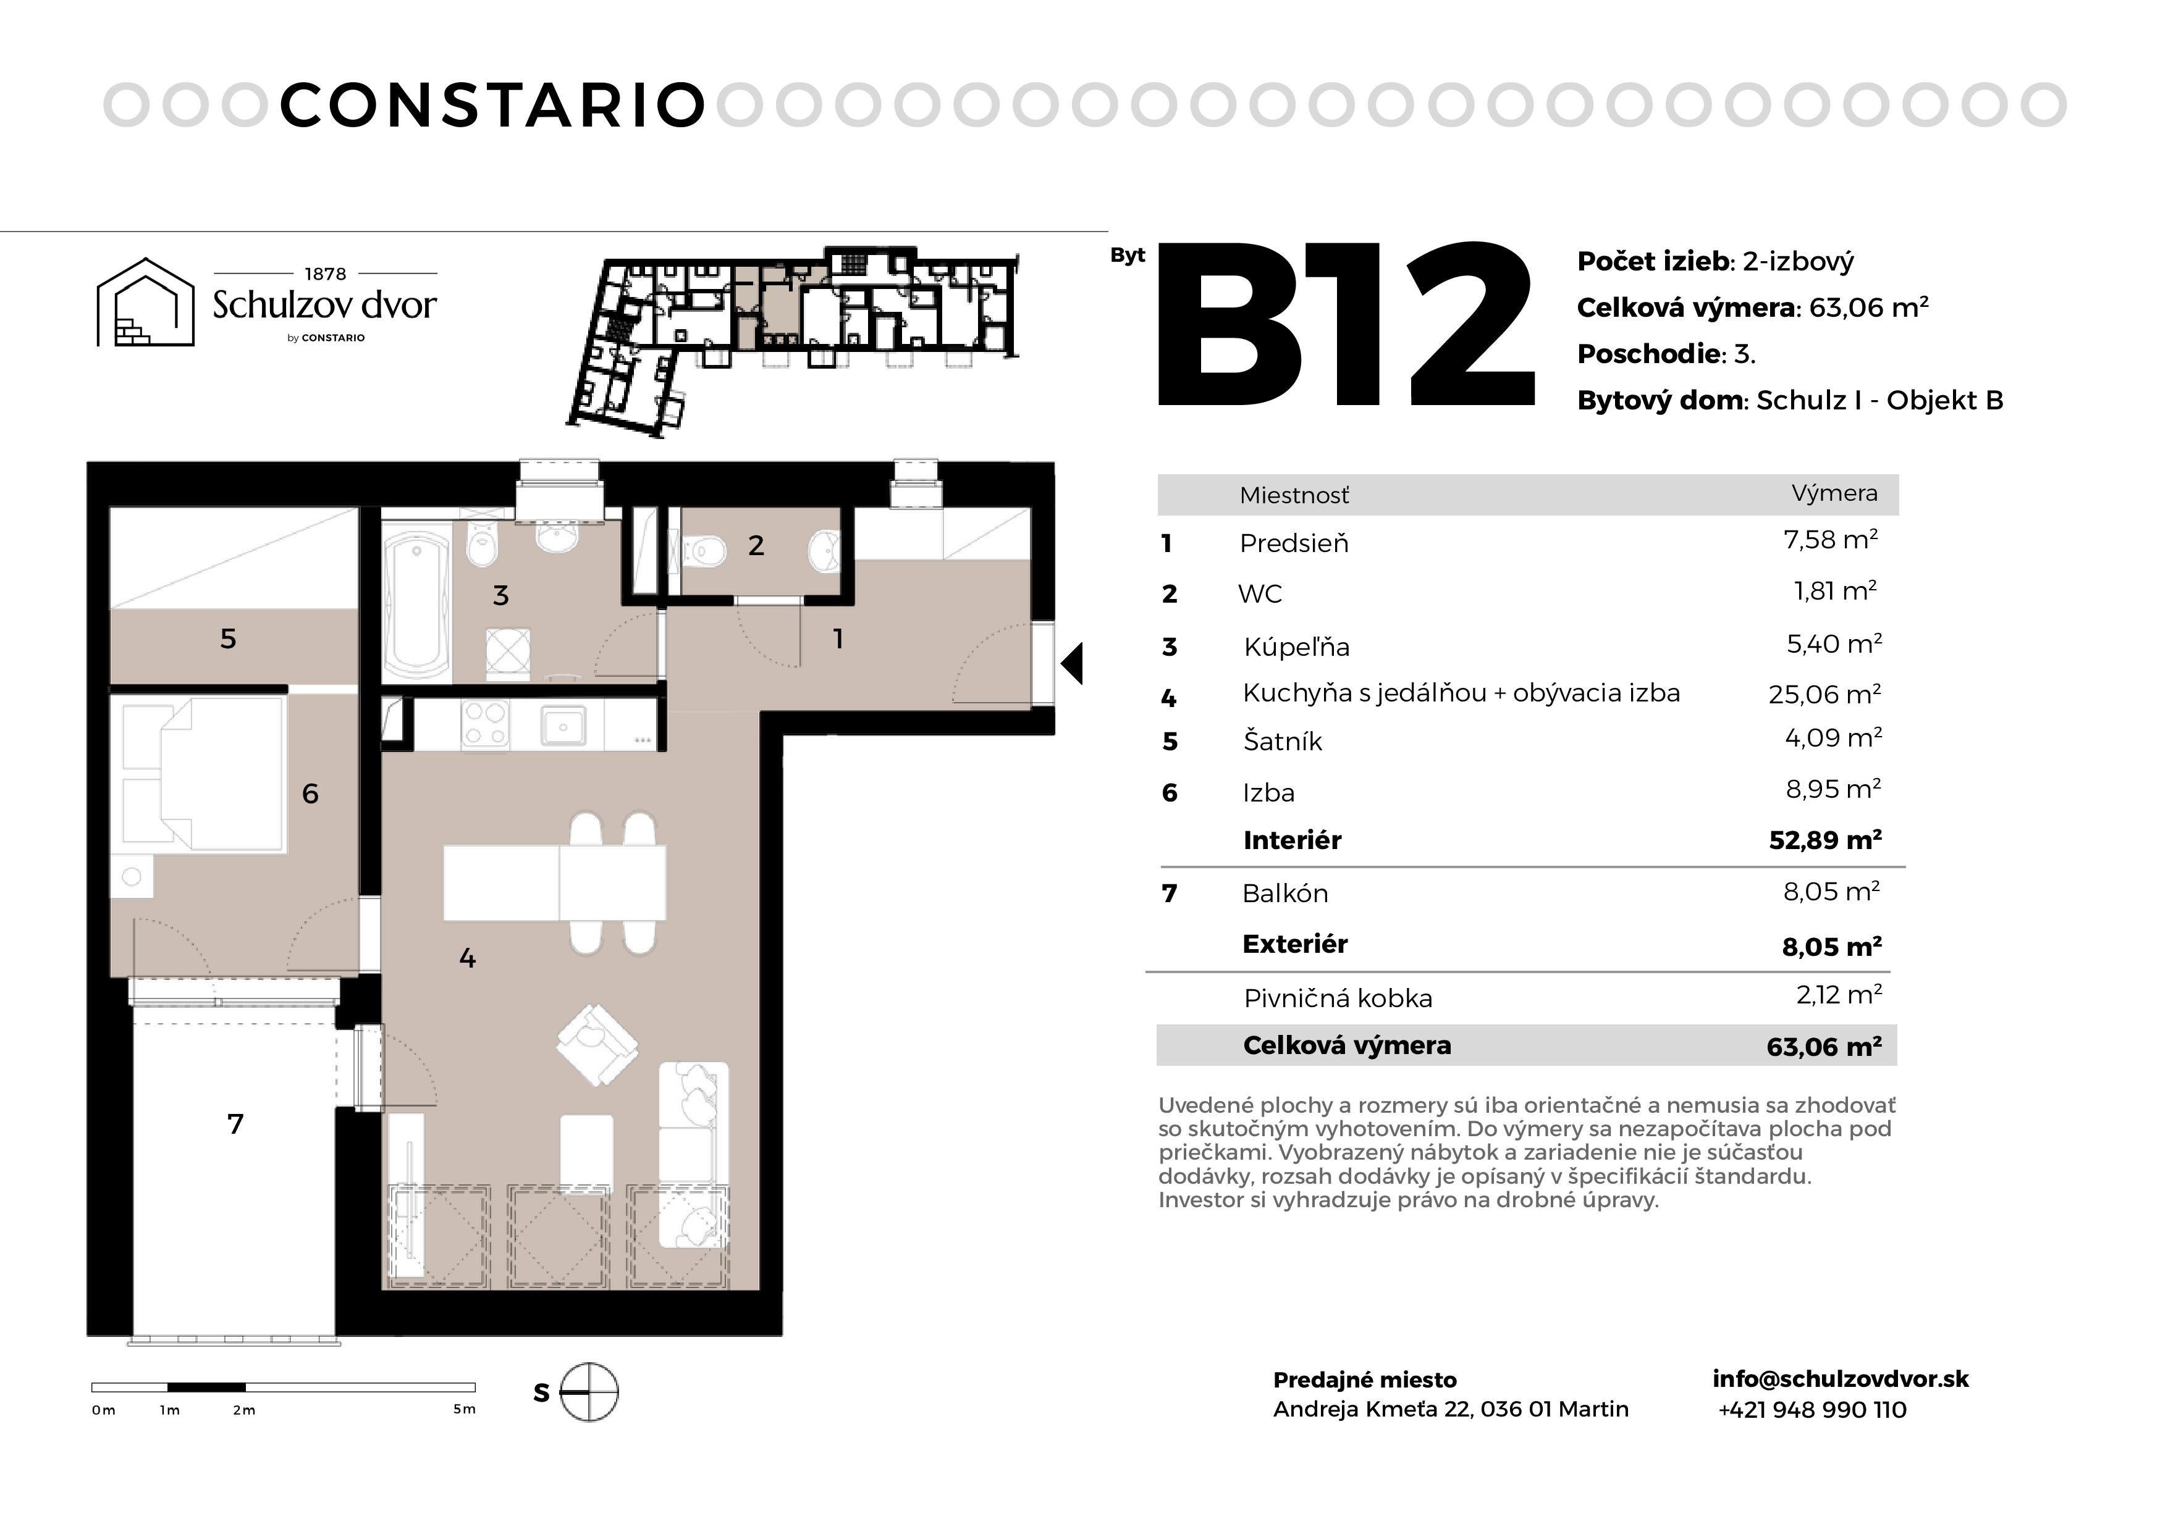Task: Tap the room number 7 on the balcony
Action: [235, 1123]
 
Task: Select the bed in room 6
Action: [204, 773]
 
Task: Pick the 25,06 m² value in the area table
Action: [1824, 694]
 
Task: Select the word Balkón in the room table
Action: [1284, 893]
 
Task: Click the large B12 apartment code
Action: [1346, 325]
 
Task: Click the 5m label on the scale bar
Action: [463, 1409]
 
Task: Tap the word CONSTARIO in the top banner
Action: [493, 105]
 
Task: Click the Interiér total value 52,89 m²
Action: [1824, 840]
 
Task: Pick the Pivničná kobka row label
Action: [1338, 998]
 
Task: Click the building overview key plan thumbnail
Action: [793, 340]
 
